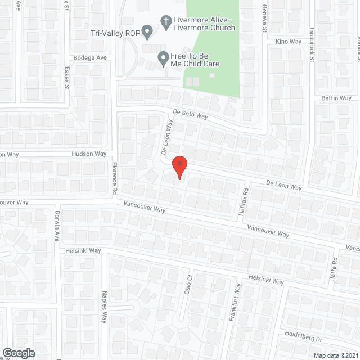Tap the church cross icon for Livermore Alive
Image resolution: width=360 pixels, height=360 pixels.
(x=166, y=21)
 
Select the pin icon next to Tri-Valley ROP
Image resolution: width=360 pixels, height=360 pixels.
(x=147, y=33)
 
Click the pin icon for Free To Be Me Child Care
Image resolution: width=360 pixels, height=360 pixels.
(x=163, y=58)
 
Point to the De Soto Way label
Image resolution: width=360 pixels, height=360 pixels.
(x=191, y=115)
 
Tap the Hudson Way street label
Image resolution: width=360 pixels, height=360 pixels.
(x=89, y=154)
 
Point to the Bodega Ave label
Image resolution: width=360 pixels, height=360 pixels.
(x=89, y=58)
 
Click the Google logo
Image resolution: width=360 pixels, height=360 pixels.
(x=18, y=353)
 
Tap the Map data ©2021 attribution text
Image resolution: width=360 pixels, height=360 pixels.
(x=335, y=355)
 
